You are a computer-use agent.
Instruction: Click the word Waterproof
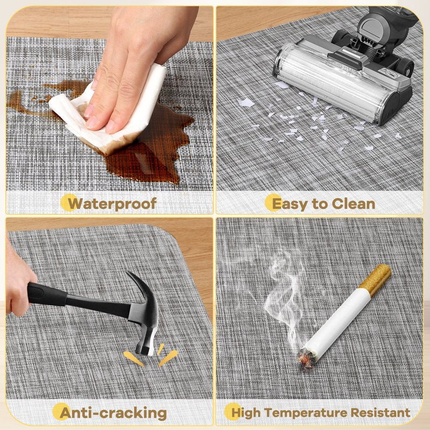coord(112,204)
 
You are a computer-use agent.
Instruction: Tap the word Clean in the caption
coord(353,204)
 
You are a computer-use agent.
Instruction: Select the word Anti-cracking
coord(113,413)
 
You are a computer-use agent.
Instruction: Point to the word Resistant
coord(381,412)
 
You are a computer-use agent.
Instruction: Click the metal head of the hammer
coord(144,316)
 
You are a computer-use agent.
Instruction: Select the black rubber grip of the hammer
coord(47,294)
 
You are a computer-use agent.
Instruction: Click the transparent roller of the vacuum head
coord(329,82)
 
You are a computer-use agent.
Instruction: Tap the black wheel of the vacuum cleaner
coord(405,68)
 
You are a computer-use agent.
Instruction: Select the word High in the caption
coord(246,413)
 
